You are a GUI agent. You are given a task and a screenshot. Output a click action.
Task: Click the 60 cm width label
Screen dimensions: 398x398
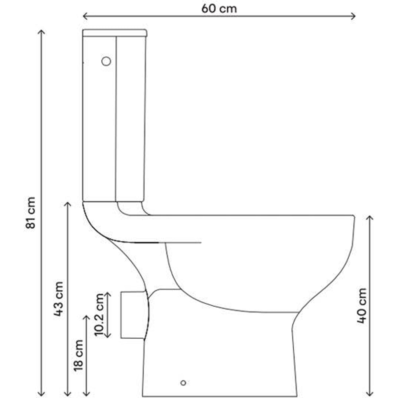coord(219,8)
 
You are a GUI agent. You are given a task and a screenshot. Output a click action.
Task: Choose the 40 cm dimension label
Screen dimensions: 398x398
coord(361,305)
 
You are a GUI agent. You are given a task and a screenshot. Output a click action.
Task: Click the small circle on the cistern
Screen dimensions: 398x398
coord(106,61)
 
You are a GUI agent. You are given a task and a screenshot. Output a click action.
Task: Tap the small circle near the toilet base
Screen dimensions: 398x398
coord(183,383)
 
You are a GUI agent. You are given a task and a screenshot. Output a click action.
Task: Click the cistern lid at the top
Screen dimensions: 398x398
coord(115,33)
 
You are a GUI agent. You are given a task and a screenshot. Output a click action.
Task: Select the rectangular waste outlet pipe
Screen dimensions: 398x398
coord(132,315)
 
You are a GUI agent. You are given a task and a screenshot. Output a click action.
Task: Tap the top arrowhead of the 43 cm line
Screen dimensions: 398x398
coord(68,204)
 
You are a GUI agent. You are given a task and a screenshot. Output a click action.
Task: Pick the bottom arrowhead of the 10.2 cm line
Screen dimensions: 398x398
coord(107,336)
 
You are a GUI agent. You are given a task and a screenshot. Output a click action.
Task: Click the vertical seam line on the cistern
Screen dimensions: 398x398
coord(116,119)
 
